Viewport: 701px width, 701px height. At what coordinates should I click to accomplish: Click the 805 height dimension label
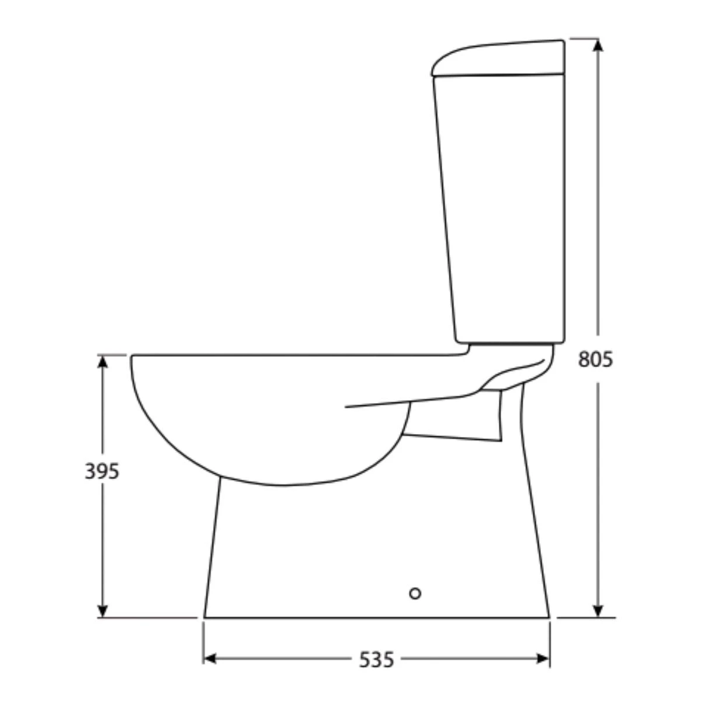click(595, 359)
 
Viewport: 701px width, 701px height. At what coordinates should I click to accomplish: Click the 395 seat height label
click(102, 471)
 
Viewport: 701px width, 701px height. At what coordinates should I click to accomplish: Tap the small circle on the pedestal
click(415, 594)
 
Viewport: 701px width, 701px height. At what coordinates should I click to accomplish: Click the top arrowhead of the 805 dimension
click(598, 46)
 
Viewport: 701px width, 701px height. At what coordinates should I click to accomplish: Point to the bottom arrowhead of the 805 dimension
click(598, 611)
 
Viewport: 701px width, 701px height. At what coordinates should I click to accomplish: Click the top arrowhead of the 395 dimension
click(103, 361)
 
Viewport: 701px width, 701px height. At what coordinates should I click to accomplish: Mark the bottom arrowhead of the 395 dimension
click(103, 611)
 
